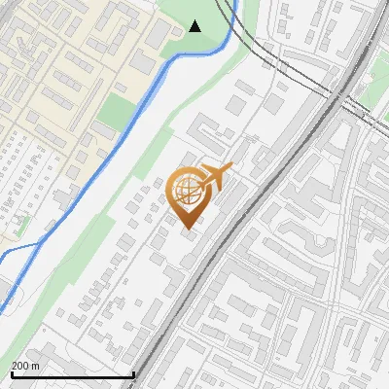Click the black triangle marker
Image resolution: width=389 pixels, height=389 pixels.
[x=195, y=26]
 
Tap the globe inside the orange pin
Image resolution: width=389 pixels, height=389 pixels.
[x=186, y=191]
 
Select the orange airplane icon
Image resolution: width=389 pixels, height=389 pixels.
[x=216, y=175]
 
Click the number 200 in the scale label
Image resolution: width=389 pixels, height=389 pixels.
[x=22, y=366]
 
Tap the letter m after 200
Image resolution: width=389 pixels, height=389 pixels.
[x=37, y=366]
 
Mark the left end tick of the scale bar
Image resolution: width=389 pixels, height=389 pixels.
[x=11, y=373]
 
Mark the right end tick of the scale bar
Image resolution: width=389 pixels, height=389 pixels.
[x=132, y=373]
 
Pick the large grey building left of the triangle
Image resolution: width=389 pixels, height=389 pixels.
[x=161, y=35]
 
